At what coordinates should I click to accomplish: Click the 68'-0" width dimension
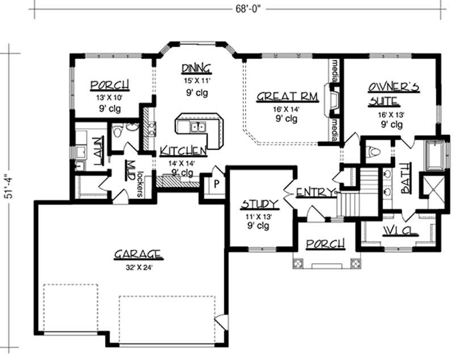click(x=248, y=9)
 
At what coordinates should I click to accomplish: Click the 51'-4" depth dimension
click(x=8, y=184)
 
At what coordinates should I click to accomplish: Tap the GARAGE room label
click(x=137, y=255)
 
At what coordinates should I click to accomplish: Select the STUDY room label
click(x=259, y=204)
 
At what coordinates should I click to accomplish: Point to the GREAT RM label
click(x=288, y=96)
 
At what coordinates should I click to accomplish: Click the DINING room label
click(x=196, y=69)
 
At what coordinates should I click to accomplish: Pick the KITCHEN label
click(x=183, y=150)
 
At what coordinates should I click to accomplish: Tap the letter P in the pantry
click(x=216, y=184)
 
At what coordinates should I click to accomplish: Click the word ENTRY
click(x=315, y=192)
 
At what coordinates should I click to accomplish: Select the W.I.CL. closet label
click(x=401, y=231)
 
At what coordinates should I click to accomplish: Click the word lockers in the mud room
click(x=140, y=184)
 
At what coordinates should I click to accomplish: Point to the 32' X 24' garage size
click(x=139, y=268)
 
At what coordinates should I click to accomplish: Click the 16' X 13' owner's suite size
click(x=391, y=115)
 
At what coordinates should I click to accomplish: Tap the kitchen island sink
click(x=197, y=127)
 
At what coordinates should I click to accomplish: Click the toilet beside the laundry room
click(x=117, y=131)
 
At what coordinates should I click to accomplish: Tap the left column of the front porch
click(x=297, y=264)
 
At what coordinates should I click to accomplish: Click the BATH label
click(x=406, y=178)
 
